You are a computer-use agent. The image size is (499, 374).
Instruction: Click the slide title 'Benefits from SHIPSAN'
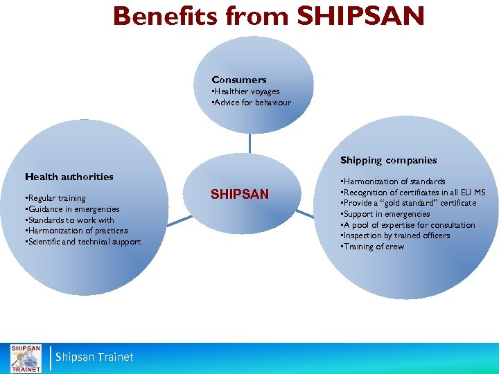(x=269, y=17)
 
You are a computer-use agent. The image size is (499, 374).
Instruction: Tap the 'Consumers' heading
(x=239, y=80)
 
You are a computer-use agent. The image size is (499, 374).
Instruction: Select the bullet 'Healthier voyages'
(x=246, y=91)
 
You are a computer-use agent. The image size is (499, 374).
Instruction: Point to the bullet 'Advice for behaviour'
(x=252, y=103)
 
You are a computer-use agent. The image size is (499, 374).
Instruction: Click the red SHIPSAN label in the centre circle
(x=240, y=195)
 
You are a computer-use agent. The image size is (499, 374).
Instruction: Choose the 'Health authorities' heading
(x=69, y=177)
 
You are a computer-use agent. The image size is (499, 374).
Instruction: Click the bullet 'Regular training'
(x=55, y=198)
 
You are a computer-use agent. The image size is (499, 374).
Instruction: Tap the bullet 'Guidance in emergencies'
(x=72, y=209)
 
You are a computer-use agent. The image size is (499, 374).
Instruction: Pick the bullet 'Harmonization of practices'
(x=76, y=231)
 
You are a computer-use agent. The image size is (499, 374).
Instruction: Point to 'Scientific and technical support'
(x=82, y=242)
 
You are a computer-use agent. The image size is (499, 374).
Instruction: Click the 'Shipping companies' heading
(x=388, y=160)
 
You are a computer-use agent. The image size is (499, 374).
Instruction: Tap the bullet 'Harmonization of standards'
(x=392, y=181)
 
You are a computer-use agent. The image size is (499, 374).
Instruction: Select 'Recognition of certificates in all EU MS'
(x=412, y=193)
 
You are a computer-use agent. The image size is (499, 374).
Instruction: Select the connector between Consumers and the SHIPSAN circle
(x=249, y=143)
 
